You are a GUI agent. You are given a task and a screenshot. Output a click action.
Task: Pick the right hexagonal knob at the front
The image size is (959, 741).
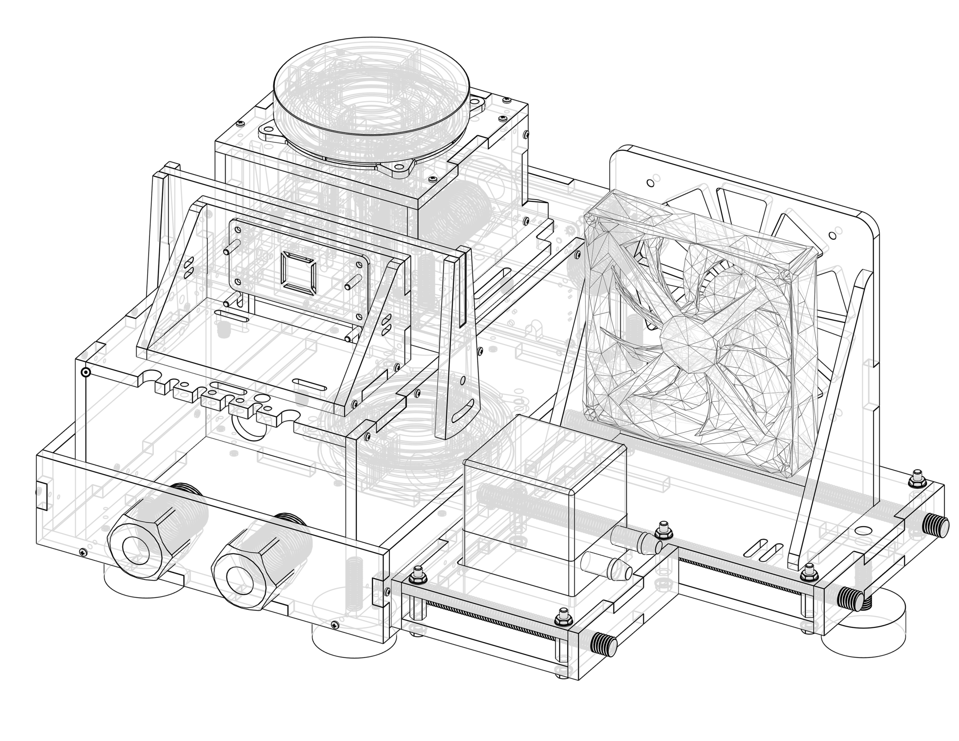pos(268,545)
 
